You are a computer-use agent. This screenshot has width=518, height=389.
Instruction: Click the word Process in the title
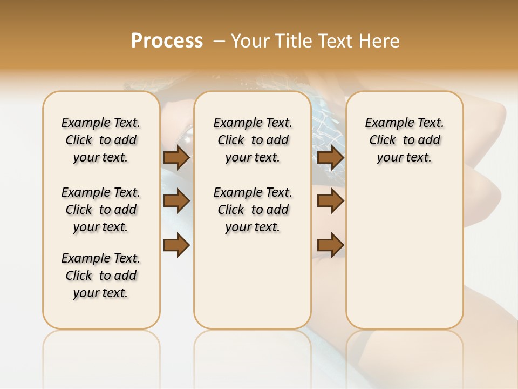pyautogui.click(x=167, y=41)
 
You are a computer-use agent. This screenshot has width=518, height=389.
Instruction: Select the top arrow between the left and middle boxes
pyautogui.click(x=176, y=158)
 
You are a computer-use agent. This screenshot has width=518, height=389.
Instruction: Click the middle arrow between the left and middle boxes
pyautogui.click(x=176, y=202)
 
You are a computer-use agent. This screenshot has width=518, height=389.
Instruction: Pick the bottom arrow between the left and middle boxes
pyautogui.click(x=176, y=245)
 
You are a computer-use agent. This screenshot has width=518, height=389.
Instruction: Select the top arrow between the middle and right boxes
pyautogui.click(x=331, y=158)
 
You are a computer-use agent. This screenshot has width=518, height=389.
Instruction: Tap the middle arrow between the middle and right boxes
pyautogui.click(x=331, y=202)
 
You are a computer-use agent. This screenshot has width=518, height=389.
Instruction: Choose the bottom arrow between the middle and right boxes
pyautogui.click(x=331, y=245)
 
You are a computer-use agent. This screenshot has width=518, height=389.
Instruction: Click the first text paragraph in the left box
pyautogui.click(x=101, y=140)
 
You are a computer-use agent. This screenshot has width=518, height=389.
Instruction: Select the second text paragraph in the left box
pyautogui.click(x=101, y=210)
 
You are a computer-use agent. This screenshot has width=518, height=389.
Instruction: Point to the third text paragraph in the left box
pyautogui.click(x=101, y=276)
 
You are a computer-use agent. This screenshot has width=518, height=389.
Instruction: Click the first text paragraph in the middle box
pyautogui.click(x=253, y=140)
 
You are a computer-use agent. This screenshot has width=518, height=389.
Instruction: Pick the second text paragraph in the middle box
pyautogui.click(x=253, y=210)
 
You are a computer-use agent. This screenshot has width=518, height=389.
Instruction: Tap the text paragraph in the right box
pyautogui.click(x=405, y=140)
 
